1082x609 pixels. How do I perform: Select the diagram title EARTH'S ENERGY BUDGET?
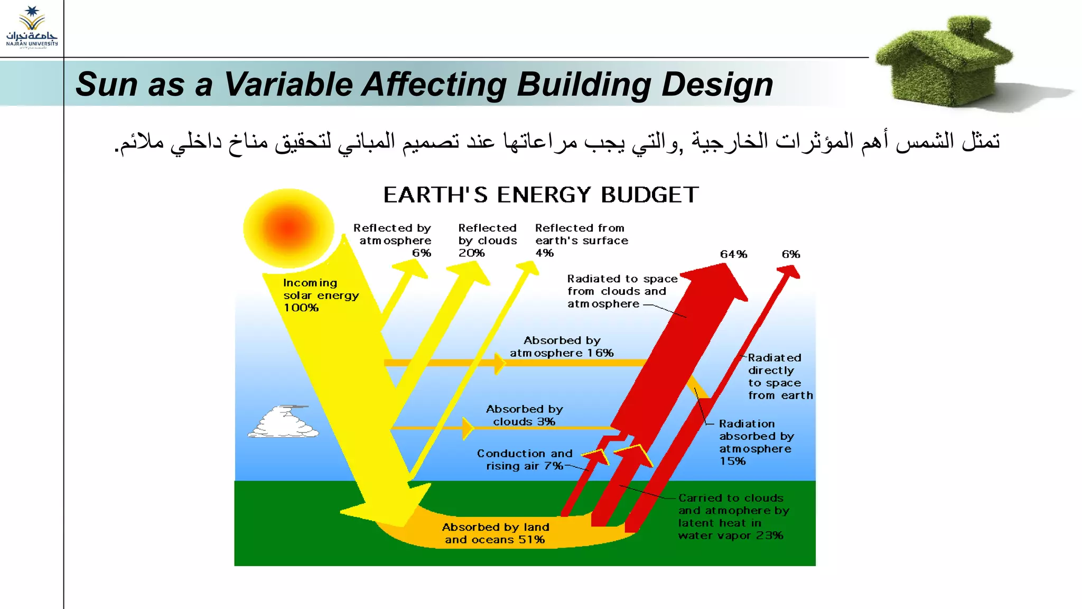540,195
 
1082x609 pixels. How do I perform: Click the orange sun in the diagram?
288,228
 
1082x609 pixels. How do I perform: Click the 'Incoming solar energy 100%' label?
320,295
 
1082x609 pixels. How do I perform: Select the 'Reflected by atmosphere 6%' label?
394,241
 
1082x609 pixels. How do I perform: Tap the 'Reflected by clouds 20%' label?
487,241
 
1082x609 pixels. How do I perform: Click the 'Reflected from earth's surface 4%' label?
581,241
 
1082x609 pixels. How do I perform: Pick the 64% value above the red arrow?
733,254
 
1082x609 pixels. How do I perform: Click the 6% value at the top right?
791,254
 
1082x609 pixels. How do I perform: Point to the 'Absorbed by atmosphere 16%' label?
562,347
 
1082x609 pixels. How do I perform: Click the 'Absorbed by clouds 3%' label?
524,416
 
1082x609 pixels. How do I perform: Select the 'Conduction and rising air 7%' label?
524,460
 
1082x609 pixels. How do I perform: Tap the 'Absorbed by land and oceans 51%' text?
495,533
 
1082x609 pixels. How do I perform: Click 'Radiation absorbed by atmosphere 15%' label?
755,442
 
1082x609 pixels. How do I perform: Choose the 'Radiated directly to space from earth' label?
780,376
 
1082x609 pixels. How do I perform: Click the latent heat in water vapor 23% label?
733,516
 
